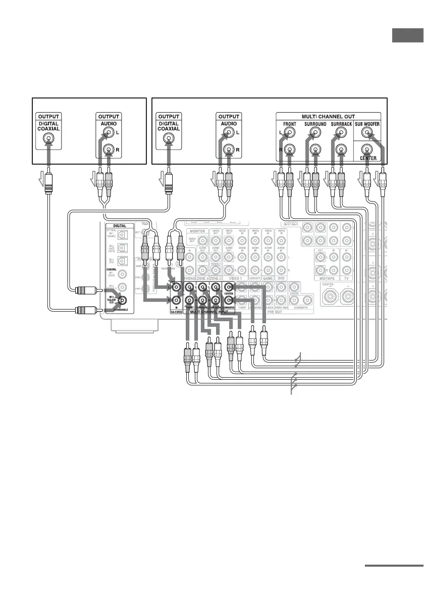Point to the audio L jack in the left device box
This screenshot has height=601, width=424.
108,133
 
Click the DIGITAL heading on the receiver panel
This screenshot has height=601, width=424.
120,226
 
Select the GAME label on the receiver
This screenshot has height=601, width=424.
268,278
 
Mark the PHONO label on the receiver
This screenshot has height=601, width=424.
189,278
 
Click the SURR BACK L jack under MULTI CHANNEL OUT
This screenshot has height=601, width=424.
341,133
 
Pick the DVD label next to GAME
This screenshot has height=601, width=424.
281,278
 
